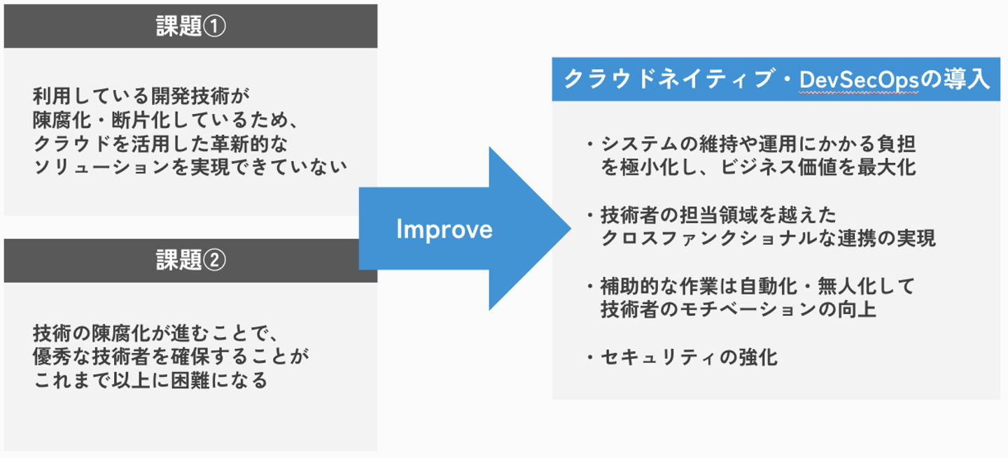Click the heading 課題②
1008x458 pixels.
pyautogui.click(x=190, y=261)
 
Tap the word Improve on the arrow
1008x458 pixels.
pyautogui.click(x=444, y=229)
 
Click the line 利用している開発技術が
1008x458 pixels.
pyautogui.click(x=141, y=94)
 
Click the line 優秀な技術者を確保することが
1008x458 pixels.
pyautogui.click(x=170, y=357)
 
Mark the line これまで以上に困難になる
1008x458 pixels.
pyautogui.click(x=150, y=381)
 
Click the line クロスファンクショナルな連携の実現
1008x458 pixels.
pyautogui.click(x=768, y=238)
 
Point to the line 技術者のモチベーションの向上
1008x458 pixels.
pyautogui.click(x=738, y=310)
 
